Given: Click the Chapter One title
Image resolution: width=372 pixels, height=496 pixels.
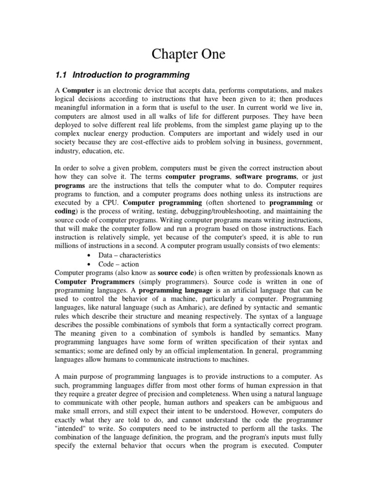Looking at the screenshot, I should [188, 54].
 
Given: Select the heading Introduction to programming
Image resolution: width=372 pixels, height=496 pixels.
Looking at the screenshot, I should [130, 75].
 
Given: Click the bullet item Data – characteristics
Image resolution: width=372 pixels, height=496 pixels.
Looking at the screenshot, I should [129, 255].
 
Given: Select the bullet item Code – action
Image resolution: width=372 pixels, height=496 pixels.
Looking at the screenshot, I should [118, 264].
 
